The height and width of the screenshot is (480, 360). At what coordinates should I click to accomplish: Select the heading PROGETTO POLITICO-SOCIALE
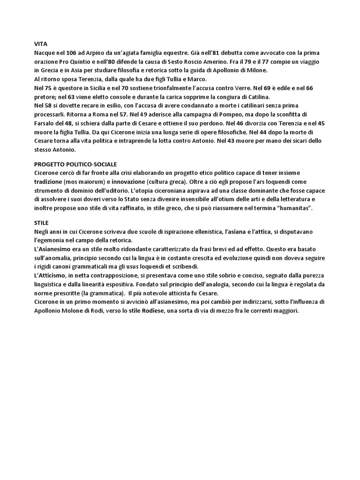click(75, 165)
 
